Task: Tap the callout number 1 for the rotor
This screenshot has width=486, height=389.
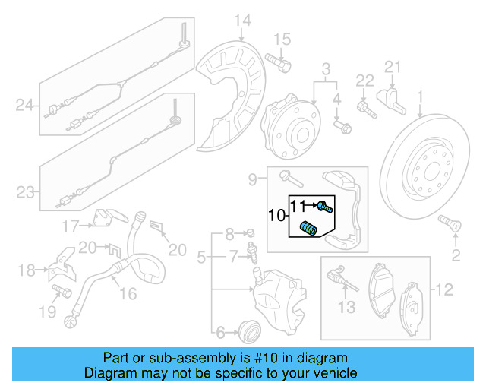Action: coord(419,96)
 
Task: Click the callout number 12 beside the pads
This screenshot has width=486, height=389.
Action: coord(444,289)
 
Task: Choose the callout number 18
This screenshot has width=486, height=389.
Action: coord(27,270)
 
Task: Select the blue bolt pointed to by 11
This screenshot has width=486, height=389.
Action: coord(323,205)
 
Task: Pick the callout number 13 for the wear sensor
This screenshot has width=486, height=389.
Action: coord(346,307)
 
